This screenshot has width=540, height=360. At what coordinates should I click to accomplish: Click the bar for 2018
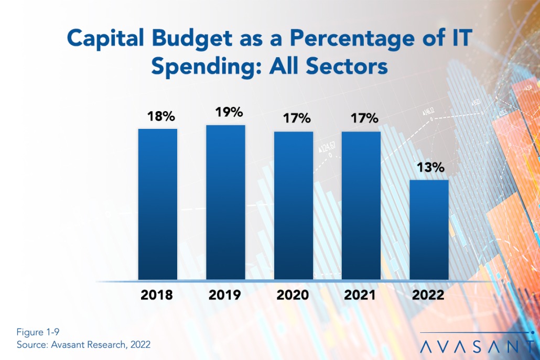(158, 204)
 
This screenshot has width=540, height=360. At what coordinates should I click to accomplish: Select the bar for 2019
(225, 202)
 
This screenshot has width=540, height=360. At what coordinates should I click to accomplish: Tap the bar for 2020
(294, 205)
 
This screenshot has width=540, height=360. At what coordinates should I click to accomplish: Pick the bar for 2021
(361, 205)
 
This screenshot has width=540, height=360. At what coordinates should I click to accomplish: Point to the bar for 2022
(429, 230)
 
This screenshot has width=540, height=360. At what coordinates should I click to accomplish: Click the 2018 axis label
(157, 295)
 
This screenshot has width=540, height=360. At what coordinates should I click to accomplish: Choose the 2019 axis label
(225, 295)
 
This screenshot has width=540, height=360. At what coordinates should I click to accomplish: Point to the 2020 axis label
(294, 295)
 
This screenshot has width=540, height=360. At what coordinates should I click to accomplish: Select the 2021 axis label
(361, 295)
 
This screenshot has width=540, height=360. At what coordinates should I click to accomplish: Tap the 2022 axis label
(428, 295)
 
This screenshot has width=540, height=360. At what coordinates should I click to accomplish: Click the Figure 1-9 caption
(36, 333)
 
